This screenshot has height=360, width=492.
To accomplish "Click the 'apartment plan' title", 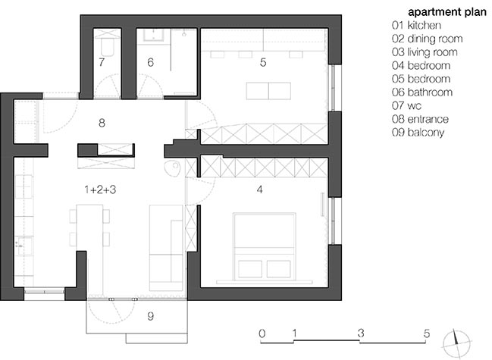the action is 447,13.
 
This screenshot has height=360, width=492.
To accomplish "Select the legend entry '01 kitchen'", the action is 416,26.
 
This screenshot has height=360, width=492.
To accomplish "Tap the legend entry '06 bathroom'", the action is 422,92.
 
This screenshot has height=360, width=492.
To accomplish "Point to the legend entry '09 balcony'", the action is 418,133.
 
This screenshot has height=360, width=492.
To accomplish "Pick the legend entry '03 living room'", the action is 425,52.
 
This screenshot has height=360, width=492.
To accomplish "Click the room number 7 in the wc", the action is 102,62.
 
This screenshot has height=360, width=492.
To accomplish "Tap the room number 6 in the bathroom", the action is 151,62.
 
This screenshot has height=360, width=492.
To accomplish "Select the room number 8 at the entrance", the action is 102,123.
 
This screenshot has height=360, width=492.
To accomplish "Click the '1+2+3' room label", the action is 100,189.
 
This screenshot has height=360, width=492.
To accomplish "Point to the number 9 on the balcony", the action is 151,316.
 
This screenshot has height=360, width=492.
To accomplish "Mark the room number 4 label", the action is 259,189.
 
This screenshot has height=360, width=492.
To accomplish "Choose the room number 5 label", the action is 263,62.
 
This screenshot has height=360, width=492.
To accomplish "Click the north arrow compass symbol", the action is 456,344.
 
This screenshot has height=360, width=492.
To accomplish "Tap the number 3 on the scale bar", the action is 361,333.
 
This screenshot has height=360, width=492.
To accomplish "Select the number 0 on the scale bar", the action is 262,333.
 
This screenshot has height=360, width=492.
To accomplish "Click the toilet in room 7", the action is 108,45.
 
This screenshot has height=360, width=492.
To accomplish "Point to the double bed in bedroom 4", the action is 265,246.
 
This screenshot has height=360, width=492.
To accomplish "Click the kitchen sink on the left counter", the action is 24,246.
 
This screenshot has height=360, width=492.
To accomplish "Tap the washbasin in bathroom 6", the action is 154,36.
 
